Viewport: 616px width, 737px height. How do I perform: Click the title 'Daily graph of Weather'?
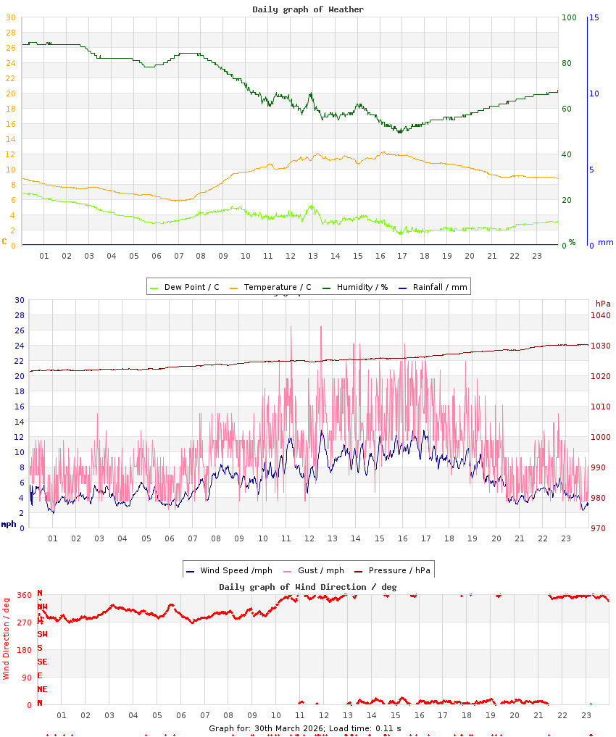(x=308, y=9)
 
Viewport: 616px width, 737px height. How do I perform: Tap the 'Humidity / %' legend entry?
(x=362, y=287)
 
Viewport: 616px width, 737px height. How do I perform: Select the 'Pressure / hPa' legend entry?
(x=399, y=570)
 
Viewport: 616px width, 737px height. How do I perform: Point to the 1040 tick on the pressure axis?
(x=600, y=315)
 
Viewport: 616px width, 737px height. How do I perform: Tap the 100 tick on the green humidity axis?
(x=569, y=17)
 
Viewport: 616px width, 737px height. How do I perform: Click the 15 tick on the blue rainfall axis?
(x=594, y=17)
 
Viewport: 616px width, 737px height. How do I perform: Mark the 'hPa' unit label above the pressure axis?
(x=603, y=303)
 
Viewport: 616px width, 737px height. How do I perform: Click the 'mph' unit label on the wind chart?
(x=8, y=524)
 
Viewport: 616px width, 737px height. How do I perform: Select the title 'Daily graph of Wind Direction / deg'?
(x=308, y=586)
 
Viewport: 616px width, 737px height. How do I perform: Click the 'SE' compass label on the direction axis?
(x=42, y=662)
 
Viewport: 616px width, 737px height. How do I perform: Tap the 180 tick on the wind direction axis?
(x=25, y=650)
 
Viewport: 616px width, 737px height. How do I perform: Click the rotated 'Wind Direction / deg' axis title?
(x=7, y=638)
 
